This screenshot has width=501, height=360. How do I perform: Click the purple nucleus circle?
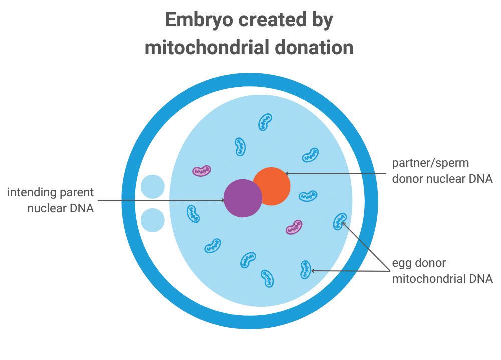[x=242, y=198]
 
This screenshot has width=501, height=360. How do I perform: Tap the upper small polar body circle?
[x=152, y=187]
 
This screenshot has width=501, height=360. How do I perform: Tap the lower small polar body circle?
[x=152, y=220]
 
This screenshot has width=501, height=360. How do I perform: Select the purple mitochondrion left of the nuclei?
[x=202, y=171]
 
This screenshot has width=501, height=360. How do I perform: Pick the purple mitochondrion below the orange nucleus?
[x=294, y=227]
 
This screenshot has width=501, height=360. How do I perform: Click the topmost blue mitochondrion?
[x=265, y=122]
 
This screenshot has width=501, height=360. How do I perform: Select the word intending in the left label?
[x=31, y=193]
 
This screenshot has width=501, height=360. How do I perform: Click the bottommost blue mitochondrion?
[x=267, y=278]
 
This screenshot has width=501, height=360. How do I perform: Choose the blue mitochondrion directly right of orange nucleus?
[x=308, y=196]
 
